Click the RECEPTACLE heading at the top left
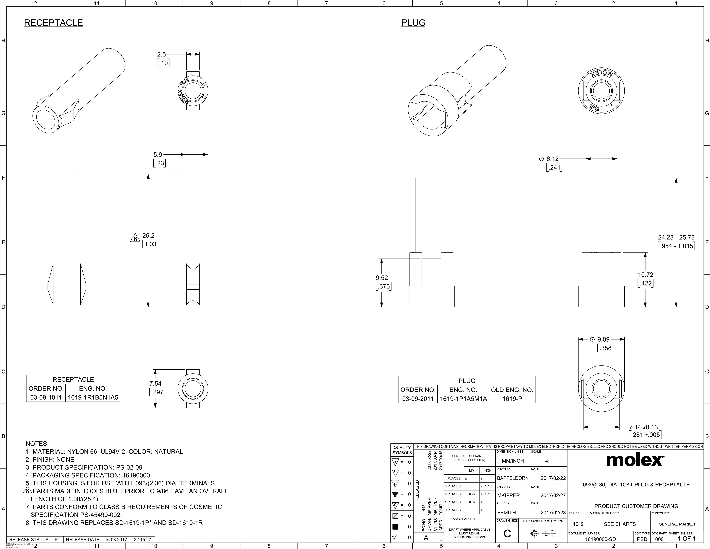53,23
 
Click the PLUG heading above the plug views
413,23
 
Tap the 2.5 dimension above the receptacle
162,54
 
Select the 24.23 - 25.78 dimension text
676,237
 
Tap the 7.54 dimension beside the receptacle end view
155,383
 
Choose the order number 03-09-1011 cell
46,397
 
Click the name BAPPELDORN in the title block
513,478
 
